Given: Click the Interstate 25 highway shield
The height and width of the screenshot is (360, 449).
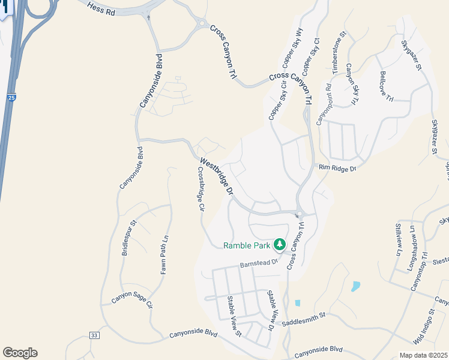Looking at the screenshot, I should coord(11,97).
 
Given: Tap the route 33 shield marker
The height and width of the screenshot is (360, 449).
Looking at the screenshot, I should coord(94,335).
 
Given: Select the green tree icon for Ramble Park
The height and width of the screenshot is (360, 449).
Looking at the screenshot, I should coord(279,244).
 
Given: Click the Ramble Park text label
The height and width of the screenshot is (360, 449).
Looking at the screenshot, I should coord(246,245).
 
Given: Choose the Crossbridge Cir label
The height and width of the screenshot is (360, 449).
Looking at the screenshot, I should coord(201,189).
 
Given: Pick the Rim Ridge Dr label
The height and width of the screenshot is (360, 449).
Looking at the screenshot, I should coord(337,169).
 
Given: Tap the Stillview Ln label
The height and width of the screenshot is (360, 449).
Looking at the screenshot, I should coord(397,239).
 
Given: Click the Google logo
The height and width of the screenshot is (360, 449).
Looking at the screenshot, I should coord(20,353).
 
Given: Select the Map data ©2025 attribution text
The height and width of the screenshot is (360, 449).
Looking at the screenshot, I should coord(423,355).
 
